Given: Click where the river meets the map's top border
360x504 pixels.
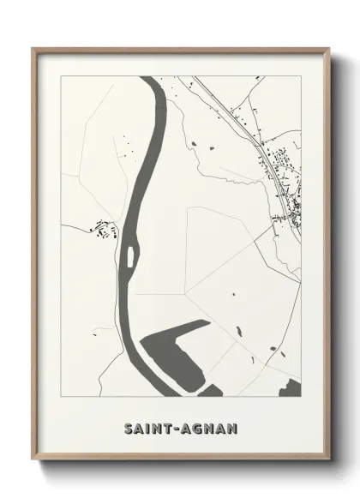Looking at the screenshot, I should click(x=152, y=78).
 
